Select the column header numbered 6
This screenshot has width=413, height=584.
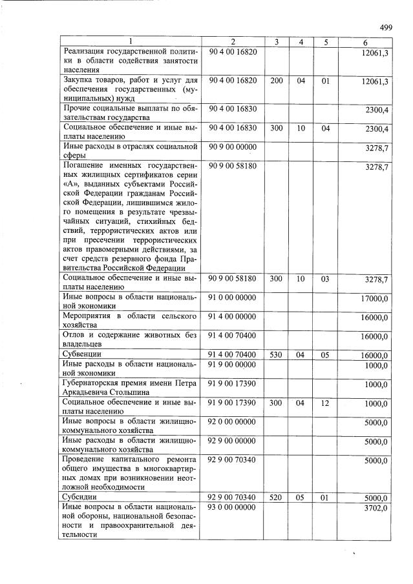click(x=365, y=43)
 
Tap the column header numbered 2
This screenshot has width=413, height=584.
click(x=233, y=43)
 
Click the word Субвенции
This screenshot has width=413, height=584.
click(x=81, y=355)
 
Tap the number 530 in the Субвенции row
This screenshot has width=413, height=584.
click(x=276, y=355)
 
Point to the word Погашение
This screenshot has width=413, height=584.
click(x=83, y=166)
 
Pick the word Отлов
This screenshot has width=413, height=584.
click(x=73, y=335)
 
